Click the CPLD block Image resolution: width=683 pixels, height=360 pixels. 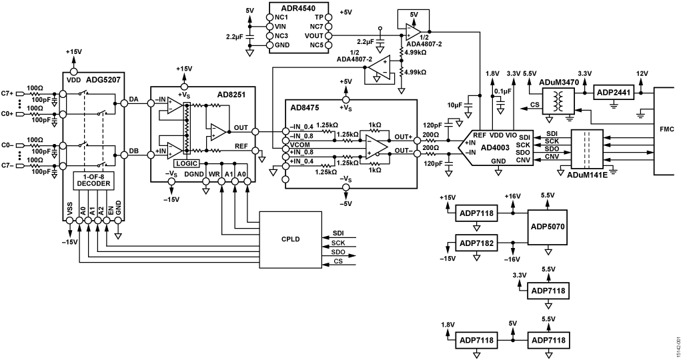pyautogui.click(x=291, y=239)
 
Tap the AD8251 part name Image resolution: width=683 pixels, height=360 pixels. pyautogui.click(x=231, y=95)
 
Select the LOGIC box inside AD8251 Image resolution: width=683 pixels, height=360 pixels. pyautogui.click(x=186, y=163)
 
